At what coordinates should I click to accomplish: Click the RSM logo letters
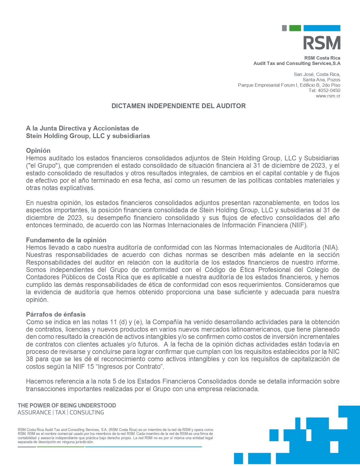click(322, 43)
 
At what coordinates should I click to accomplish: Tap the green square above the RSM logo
click(295, 28)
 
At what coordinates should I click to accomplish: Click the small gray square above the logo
click(284, 28)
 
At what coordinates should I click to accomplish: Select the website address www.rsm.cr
click(328, 96)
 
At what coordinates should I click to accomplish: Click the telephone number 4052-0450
click(329, 91)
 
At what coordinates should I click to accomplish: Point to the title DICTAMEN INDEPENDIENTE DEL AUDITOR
click(178, 106)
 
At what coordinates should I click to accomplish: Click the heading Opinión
click(38, 151)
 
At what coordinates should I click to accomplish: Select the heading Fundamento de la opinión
click(66, 240)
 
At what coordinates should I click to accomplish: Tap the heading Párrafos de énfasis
click(56, 314)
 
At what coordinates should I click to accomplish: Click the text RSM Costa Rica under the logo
click(322, 58)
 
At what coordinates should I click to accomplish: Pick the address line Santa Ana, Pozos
click(321, 80)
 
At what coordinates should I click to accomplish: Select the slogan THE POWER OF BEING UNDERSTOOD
click(67, 406)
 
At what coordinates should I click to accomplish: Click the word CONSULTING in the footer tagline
click(87, 413)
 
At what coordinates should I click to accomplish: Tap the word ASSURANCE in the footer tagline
click(34, 413)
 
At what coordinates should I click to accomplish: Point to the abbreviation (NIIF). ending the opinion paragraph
click(298, 225)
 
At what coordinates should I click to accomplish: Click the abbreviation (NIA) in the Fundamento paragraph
click(330, 248)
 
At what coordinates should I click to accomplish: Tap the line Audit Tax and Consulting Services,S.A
click(297, 64)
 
